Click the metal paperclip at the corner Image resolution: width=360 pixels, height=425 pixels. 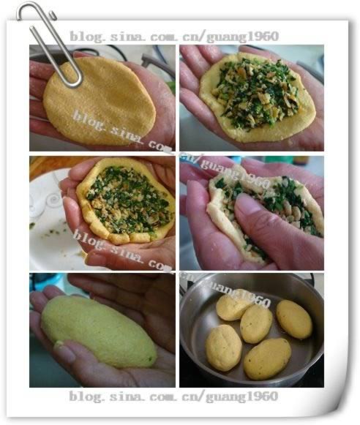(x=51, y=40)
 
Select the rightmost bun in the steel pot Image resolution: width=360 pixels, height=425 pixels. (x=293, y=319)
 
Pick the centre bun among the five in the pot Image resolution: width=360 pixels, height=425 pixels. (x=256, y=324)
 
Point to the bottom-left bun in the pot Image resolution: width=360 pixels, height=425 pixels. (x=223, y=347)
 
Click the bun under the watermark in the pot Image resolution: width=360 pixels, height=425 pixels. (x=233, y=306)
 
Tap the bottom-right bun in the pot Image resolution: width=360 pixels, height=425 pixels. (x=266, y=358)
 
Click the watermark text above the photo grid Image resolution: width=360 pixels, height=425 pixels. (x=173, y=36)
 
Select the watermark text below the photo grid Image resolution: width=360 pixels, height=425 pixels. (x=173, y=396)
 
